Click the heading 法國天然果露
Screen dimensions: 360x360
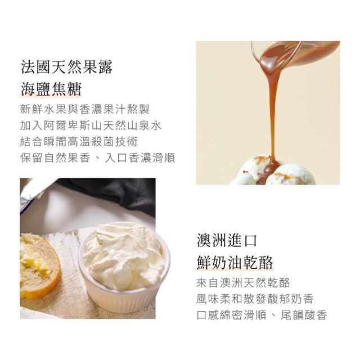(66, 67)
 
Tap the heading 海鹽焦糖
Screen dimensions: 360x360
(51, 89)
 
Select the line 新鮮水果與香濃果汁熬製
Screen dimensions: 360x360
(85, 109)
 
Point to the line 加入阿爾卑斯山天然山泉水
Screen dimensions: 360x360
(91, 125)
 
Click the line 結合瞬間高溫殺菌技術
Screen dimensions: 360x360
(79, 141)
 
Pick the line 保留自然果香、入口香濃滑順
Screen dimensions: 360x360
(97, 157)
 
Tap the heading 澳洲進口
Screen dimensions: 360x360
(227, 241)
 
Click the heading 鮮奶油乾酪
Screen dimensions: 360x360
(235, 263)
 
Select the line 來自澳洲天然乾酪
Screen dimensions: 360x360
(243, 282)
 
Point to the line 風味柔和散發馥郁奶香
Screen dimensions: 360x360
(255, 299)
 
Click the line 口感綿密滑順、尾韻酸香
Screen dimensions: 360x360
(262, 315)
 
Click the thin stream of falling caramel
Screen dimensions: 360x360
(273, 115)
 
